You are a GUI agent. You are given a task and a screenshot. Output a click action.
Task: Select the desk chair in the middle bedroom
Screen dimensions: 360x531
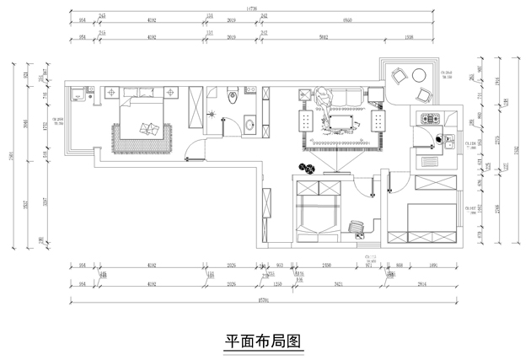coord(358,226)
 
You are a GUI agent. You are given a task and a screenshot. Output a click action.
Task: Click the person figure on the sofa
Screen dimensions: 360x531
coord(324,102)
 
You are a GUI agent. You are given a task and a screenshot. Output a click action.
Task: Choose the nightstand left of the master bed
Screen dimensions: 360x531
coord(111,92)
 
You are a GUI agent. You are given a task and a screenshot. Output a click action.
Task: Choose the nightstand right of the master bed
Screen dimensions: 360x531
coord(172,92)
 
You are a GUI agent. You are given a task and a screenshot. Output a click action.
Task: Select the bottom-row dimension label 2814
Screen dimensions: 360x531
coord(421,285)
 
